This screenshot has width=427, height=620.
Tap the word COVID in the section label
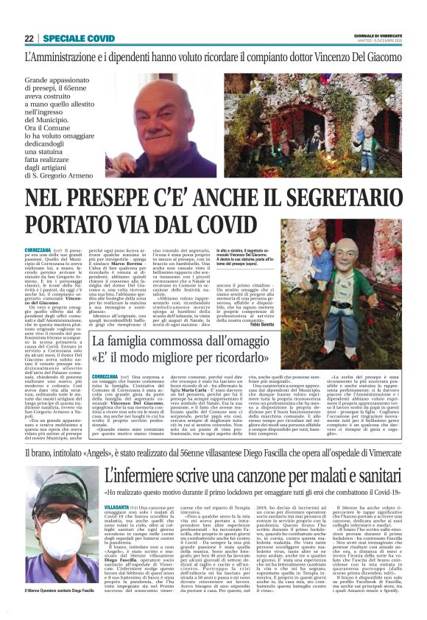(x=101, y=38)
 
